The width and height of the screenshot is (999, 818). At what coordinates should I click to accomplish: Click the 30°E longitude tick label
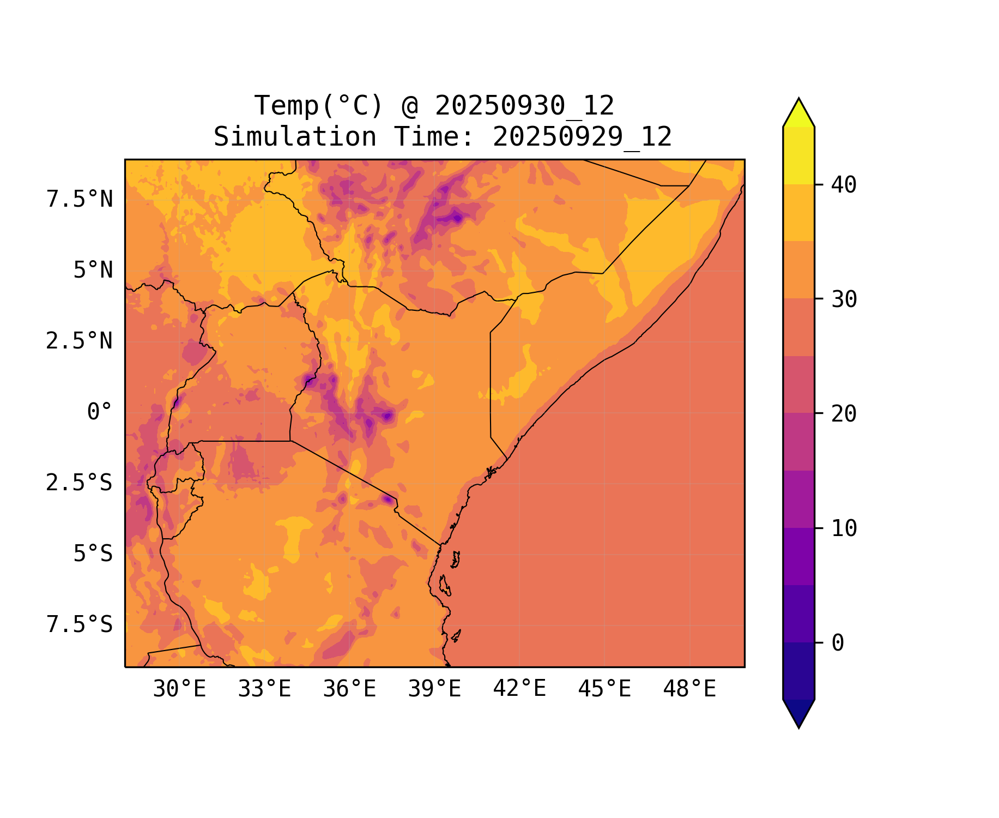tap(179, 689)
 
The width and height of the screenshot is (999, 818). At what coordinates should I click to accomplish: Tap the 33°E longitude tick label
tap(264, 689)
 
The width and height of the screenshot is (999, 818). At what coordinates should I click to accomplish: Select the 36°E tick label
tap(349, 689)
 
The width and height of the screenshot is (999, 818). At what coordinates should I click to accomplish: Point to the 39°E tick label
tap(434, 689)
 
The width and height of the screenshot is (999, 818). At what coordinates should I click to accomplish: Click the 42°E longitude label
tap(519, 689)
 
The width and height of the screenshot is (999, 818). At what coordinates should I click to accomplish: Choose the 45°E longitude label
tap(604, 689)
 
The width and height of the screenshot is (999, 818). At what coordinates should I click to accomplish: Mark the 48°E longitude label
tap(689, 689)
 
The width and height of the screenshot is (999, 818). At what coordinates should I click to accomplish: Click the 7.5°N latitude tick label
tap(80, 200)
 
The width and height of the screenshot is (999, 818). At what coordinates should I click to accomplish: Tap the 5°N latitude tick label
tap(93, 270)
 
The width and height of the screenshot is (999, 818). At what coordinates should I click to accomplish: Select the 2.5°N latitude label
tap(80, 341)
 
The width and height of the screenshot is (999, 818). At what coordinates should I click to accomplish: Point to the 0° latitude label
tap(100, 412)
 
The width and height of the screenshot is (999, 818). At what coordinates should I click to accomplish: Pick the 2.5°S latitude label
tap(80, 483)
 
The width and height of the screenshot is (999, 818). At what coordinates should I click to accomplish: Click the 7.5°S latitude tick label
tap(80, 625)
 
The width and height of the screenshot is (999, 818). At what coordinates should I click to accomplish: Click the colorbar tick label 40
tap(844, 185)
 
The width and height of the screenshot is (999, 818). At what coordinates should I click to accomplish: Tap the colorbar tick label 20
tap(844, 414)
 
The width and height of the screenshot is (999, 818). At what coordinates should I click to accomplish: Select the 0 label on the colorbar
tap(838, 643)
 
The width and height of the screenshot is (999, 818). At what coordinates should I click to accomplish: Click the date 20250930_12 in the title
tap(524, 106)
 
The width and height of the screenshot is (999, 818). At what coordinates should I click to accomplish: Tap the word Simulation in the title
tap(295, 137)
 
